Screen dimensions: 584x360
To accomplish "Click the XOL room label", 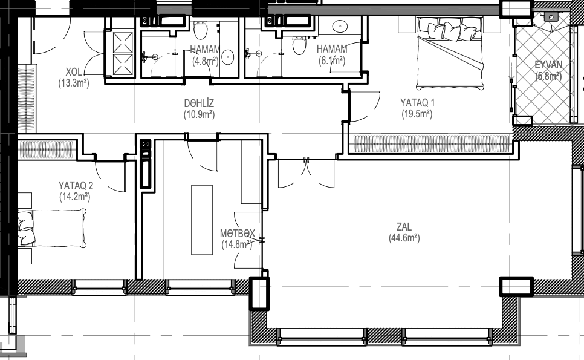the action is [73, 71].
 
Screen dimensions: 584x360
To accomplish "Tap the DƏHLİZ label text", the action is [200, 103].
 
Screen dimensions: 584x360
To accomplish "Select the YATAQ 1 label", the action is [417, 102].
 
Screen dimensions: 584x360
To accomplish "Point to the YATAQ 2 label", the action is [76, 185].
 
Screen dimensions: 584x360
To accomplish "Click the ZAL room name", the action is [404, 226].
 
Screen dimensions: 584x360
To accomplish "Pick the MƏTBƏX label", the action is [238, 234].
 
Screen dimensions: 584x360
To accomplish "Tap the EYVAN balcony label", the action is [548, 65].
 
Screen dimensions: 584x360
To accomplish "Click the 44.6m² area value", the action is [404, 238].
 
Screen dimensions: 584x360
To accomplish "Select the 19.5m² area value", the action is [417, 114].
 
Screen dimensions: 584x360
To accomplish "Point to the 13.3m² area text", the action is [74, 83].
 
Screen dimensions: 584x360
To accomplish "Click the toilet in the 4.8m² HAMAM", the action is [200, 30].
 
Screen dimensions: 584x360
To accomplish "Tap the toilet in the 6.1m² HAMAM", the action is [299, 45].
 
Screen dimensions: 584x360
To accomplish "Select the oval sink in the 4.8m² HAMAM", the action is [227, 57].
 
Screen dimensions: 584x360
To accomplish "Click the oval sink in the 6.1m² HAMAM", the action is [340, 26].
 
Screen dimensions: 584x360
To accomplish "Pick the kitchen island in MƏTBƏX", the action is [202, 220].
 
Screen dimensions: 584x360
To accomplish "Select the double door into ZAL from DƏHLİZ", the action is [306, 173].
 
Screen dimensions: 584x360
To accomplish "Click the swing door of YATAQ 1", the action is [365, 106].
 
